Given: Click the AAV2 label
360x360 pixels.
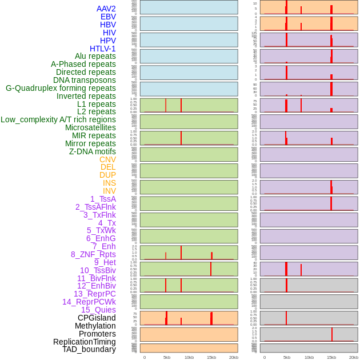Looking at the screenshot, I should pos(106,9).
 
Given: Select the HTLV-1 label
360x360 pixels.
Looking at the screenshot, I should pos(103,49).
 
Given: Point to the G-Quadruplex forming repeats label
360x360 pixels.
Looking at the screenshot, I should pos(61,88).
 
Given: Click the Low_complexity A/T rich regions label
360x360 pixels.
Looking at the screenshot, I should pos(58,119).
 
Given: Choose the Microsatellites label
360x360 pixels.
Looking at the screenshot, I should pos(90,127).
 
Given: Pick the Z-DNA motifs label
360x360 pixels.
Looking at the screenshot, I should pos(93,151).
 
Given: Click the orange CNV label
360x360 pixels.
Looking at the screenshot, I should pos(107,159).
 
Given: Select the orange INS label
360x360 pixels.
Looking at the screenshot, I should pos(109,183).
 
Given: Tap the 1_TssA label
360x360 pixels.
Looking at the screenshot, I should pos(103,199).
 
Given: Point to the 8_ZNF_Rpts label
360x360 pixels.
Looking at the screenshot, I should pos(93,254).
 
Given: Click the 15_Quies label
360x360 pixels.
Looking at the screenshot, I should pos(98,310).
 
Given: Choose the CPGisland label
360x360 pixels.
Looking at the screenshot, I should pos(97,318).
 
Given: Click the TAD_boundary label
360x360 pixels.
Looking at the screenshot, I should pos(89,349).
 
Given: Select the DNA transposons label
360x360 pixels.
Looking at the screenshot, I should pos(85,80).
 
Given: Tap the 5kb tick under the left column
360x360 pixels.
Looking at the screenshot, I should pos(167,357).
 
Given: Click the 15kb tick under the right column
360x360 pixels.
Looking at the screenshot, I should pos(331,357).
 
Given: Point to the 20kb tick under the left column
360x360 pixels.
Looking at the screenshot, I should pos(234,357).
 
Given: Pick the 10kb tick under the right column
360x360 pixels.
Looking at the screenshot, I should pos(309,357).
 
